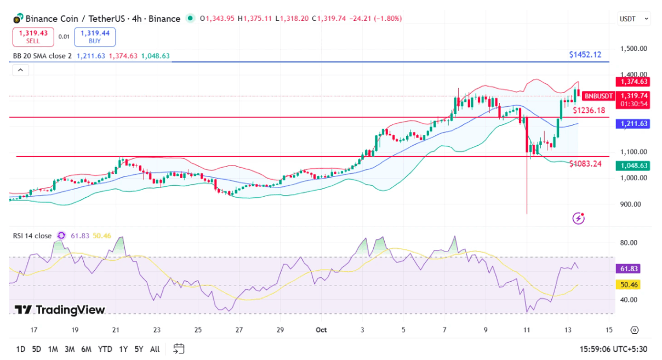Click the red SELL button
tap(33, 37)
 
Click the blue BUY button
tap(95, 37)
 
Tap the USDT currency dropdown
tap(634, 19)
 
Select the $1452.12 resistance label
tap(585, 55)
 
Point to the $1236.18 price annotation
tap(589, 111)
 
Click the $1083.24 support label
tap(585, 164)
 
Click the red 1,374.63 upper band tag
tap(633, 82)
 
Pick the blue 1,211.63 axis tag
tap(633, 123)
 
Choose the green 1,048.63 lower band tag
tap(633, 165)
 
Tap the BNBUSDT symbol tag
tap(598, 96)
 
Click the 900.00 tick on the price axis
tap(630, 204)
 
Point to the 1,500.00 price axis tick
tap(634, 48)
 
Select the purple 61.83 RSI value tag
tap(628, 268)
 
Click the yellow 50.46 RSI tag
tap(628, 284)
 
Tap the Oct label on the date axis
tap(321, 330)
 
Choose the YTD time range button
tap(105, 350)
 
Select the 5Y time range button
tap(139, 350)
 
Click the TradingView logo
tap(60, 310)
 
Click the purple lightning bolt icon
tap(578, 219)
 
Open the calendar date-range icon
tap(179, 349)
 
